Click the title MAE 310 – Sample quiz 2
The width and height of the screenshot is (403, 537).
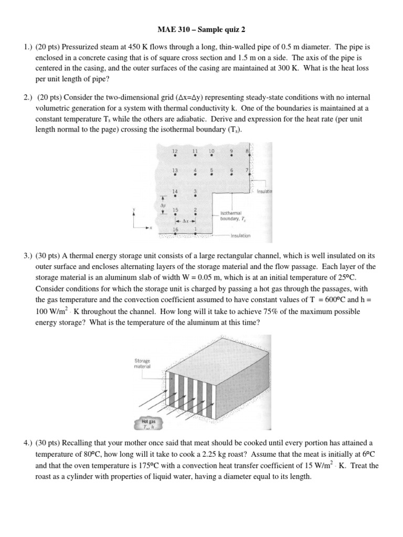[x=201, y=30]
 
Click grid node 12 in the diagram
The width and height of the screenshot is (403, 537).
[x=175, y=156]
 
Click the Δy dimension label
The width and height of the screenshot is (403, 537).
[x=163, y=206]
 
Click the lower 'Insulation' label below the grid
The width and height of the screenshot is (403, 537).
[x=240, y=236]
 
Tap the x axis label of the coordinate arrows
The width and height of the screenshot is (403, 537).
[x=151, y=228]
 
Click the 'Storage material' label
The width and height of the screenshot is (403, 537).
[x=142, y=363]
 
